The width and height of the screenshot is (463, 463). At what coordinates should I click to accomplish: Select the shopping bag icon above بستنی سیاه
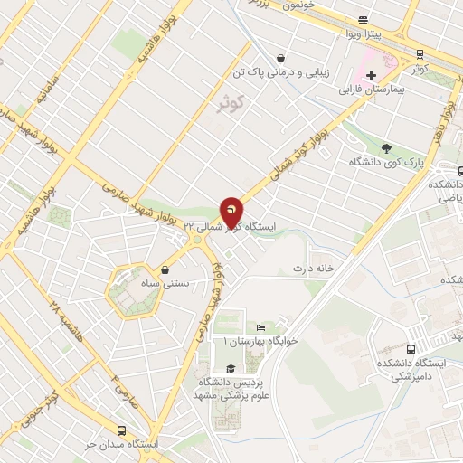165,269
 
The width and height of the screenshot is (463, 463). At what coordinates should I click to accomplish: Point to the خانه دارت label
314,269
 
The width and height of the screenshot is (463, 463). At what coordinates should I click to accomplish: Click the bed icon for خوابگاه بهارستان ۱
261,327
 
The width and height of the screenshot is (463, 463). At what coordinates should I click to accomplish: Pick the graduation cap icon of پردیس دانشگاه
231,368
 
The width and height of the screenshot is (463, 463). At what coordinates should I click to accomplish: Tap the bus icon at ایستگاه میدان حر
123,431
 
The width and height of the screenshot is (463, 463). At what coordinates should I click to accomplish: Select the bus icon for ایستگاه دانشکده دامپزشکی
411,349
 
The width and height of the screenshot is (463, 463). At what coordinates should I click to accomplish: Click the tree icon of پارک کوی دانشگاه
387,148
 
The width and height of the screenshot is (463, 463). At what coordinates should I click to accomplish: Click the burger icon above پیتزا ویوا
363,19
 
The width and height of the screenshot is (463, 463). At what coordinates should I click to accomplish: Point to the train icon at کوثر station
420,53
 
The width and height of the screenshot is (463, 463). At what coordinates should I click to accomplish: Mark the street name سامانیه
44,94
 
